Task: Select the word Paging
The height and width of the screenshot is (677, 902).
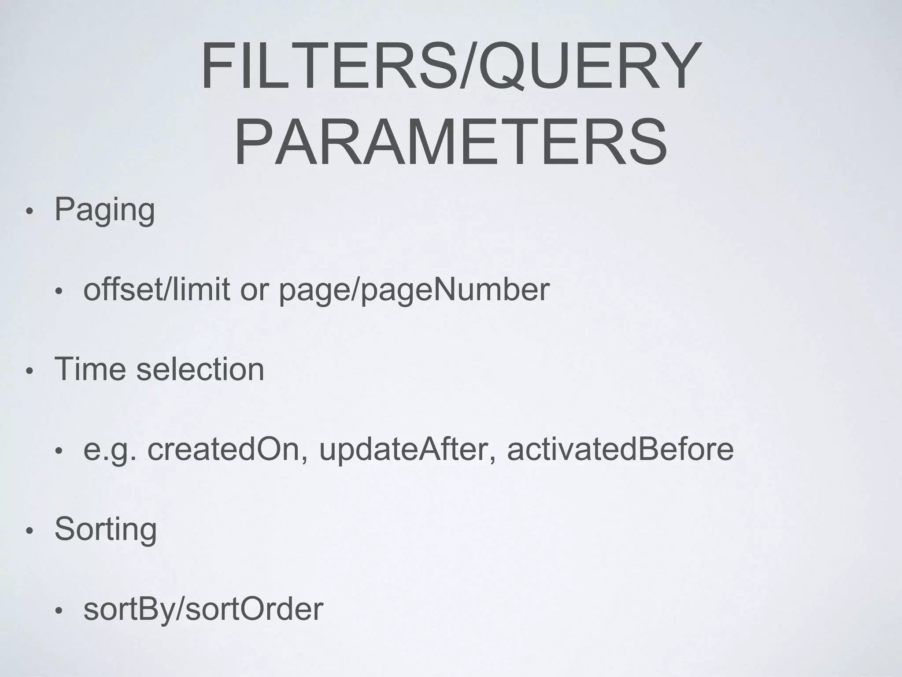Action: coord(105,210)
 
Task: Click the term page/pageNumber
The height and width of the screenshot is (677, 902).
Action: coord(414,291)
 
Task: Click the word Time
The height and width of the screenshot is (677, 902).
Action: coord(90,369)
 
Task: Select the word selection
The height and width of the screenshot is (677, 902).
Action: coord(200,369)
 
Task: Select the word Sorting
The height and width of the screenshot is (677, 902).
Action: coord(106,529)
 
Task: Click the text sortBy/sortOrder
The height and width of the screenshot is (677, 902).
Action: coord(203,610)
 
